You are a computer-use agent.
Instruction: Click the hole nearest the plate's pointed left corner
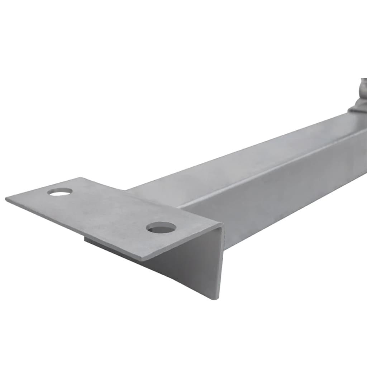(60, 192)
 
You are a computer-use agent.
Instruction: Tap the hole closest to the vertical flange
(161, 227)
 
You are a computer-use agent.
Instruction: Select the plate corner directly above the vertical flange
(222, 225)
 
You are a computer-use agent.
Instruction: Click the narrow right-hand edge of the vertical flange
(221, 262)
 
